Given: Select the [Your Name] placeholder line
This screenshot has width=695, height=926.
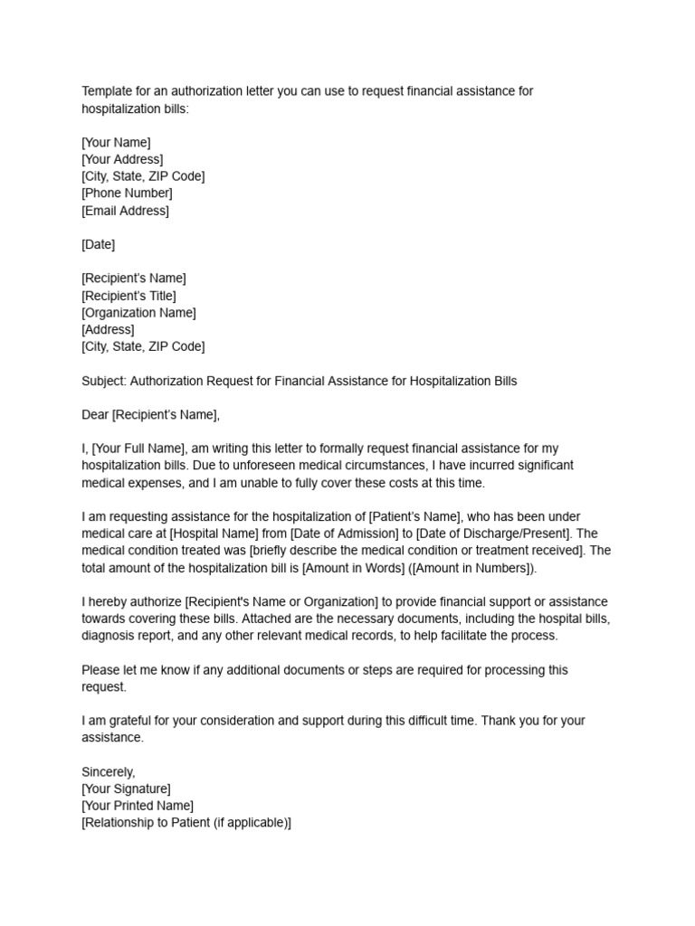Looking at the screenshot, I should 116,142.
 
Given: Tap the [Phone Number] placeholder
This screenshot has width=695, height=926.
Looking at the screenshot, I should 127,193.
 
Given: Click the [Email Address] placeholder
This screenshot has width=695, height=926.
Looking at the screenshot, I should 125,210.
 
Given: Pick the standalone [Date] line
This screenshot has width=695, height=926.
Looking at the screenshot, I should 98,244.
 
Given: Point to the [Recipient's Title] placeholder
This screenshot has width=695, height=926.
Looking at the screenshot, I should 129,296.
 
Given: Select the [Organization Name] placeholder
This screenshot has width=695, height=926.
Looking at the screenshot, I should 138,313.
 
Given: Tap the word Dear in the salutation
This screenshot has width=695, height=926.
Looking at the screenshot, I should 95,415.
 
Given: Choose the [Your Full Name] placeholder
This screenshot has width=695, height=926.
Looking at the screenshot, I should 138,449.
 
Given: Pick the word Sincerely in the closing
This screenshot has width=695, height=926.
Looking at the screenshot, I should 108,771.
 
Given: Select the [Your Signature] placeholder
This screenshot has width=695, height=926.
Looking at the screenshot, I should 126,789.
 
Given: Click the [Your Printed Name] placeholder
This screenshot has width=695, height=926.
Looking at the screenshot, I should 138,806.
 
